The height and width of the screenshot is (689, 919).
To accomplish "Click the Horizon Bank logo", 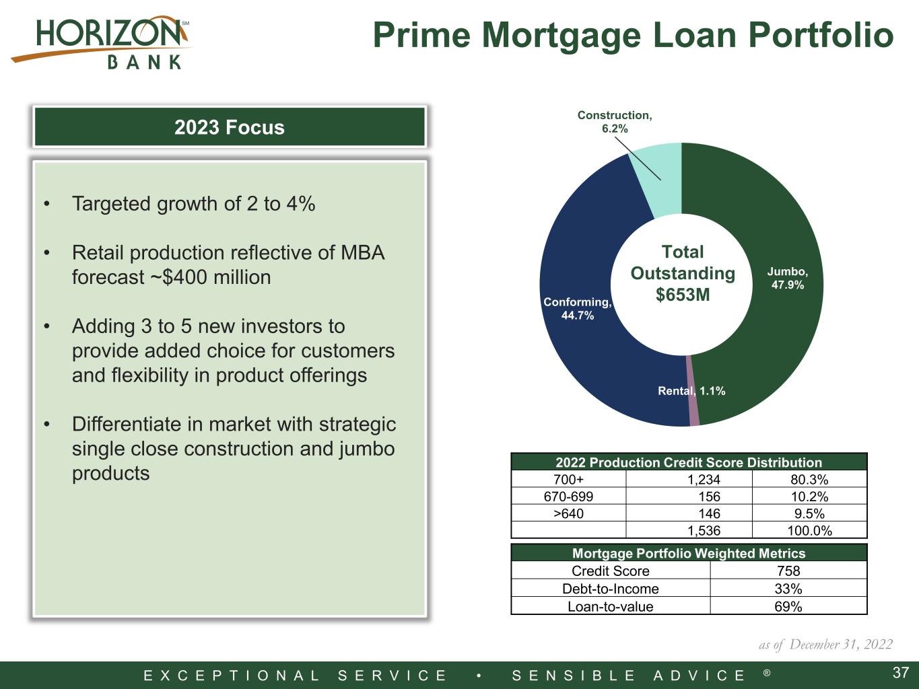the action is click(101, 42).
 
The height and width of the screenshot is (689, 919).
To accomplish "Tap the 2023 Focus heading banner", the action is click(230, 126).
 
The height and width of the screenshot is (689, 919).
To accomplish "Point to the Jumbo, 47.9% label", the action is click(788, 278).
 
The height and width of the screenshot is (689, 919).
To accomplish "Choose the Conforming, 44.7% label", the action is click(578, 308).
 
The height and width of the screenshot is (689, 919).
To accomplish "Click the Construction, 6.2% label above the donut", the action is click(615, 122).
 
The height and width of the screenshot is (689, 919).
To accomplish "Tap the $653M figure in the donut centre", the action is click(683, 295).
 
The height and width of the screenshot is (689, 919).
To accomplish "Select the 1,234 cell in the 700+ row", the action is click(704, 480).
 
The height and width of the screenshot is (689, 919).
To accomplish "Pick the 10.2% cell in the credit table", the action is click(809, 497).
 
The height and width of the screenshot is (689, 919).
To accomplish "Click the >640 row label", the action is click(568, 513).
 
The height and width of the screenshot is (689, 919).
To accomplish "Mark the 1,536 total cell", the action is click(704, 530).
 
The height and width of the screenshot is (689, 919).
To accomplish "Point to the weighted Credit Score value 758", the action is click(788, 571).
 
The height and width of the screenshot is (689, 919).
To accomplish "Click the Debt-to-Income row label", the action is click(611, 589).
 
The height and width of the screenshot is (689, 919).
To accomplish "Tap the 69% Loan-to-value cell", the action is click(788, 606).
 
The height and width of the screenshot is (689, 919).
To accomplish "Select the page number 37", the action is click(901, 673).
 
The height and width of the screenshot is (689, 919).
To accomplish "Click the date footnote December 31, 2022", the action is click(841, 644).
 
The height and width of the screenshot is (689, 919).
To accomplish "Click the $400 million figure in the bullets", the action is click(217, 277).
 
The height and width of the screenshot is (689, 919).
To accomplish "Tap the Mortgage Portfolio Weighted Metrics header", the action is click(689, 553).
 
